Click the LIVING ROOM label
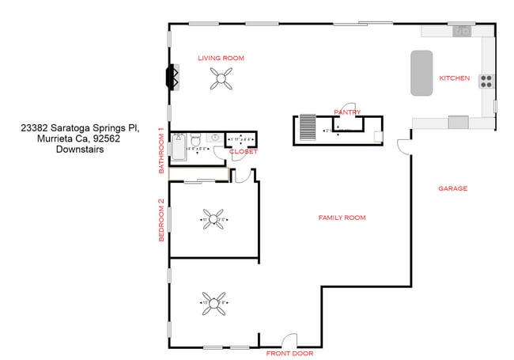[221, 58]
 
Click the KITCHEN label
[454, 78]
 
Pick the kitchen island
[421, 74]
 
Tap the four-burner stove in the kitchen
[486, 80]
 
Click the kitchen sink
[462, 31]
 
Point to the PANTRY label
[347, 112]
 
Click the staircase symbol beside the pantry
[306, 127]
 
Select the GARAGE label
[452, 189]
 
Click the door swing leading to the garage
[403, 146]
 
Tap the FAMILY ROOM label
[342, 218]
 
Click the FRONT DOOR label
[289, 353]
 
